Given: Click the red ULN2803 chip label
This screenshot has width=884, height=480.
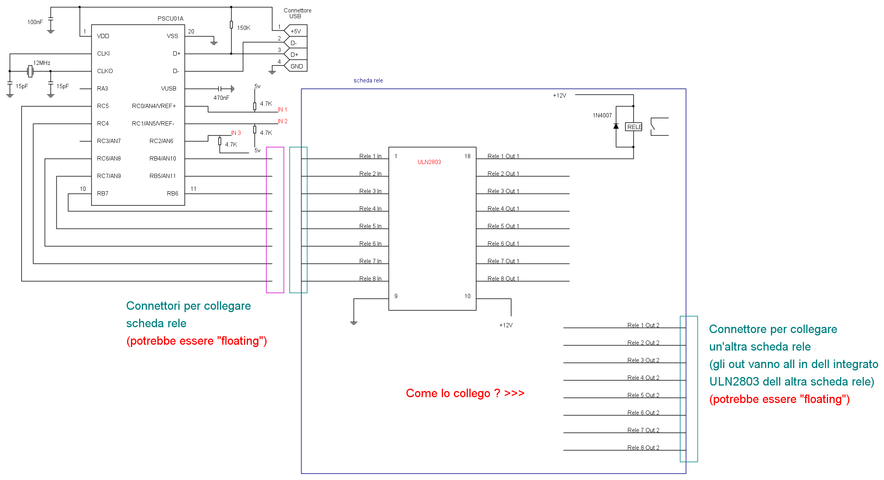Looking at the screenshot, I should pyautogui.click(x=429, y=162).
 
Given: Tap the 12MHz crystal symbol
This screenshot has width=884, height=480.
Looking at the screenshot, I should pyautogui.click(x=30, y=71).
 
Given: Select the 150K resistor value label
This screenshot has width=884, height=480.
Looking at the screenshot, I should pyautogui.click(x=244, y=28).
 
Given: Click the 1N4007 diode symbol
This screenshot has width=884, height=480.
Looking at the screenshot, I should pyautogui.click(x=616, y=126).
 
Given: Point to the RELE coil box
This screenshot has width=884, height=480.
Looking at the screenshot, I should pyautogui.click(x=634, y=127).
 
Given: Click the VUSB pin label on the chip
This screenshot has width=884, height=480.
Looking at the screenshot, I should pyautogui.click(x=169, y=89).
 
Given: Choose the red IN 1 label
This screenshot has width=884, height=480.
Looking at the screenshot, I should pyautogui.click(x=282, y=110).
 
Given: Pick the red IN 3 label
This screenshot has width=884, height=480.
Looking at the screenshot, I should pyautogui.click(x=236, y=133).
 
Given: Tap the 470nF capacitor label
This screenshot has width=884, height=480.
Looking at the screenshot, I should pyautogui.click(x=221, y=98).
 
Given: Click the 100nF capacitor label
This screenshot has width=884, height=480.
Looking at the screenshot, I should pyautogui.click(x=35, y=22).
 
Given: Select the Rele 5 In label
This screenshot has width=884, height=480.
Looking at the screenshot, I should pyautogui.click(x=370, y=226).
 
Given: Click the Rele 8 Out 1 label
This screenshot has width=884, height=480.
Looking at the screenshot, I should pyautogui.click(x=503, y=279).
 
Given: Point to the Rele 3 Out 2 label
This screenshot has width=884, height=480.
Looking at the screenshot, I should pyautogui.click(x=643, y=360).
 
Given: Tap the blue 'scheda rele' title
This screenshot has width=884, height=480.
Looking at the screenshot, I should pyautogui.click(x=368, y=80).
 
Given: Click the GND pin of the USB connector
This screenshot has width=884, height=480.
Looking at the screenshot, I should pyautogui.click(x=296, y=66).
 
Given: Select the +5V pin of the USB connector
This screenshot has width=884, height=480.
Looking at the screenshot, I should pyautogui.click(x=296, y=31).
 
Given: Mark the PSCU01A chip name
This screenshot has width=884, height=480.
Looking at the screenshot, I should pyautogui.click(x=170, y=19).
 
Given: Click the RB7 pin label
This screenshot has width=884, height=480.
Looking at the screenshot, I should pyautogui.click(x=103, y=194).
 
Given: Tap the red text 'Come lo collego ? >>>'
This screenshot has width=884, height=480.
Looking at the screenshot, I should pyautogui.click(x=465, y=393).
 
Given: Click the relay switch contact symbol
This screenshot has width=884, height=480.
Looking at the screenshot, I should pyautogui.click(x=659, y=127).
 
